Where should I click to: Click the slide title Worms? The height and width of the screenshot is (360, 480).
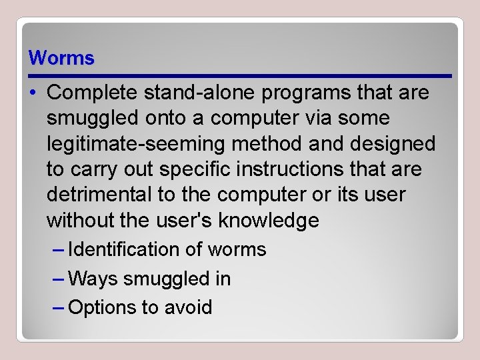(61, 58)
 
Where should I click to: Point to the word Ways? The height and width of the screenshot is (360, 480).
(92, 279)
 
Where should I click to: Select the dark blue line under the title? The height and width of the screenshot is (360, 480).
(240, 76)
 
